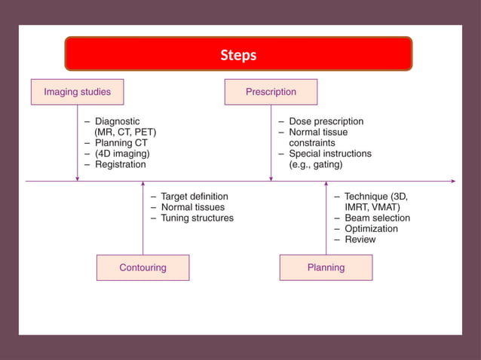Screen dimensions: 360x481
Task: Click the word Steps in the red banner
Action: (x=238, y=55)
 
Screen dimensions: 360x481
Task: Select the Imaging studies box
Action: (x=77, y=92)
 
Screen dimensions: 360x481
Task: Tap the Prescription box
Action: (x=271, y=92)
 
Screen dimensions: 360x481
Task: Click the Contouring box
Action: (x=142, y=267)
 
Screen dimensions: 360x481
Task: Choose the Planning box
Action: (x=326, y=267)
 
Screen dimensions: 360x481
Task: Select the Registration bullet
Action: (x=120, y=164)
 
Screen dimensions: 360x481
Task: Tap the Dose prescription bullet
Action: (x=326, y=121)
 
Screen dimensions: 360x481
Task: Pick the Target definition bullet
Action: (x=194, y=196)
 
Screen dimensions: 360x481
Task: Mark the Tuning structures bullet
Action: (x=197, y=218)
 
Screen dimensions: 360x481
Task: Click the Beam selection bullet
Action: (x=377, y=218)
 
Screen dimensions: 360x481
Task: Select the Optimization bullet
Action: (x=371, y=228)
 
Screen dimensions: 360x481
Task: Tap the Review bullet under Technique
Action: (x=360, y=239)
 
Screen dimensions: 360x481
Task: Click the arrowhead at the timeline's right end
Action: (x=453, y=181)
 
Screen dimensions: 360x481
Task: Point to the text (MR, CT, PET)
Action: (x=125, y=132)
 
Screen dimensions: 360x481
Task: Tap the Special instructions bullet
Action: (x=330, y=154)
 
